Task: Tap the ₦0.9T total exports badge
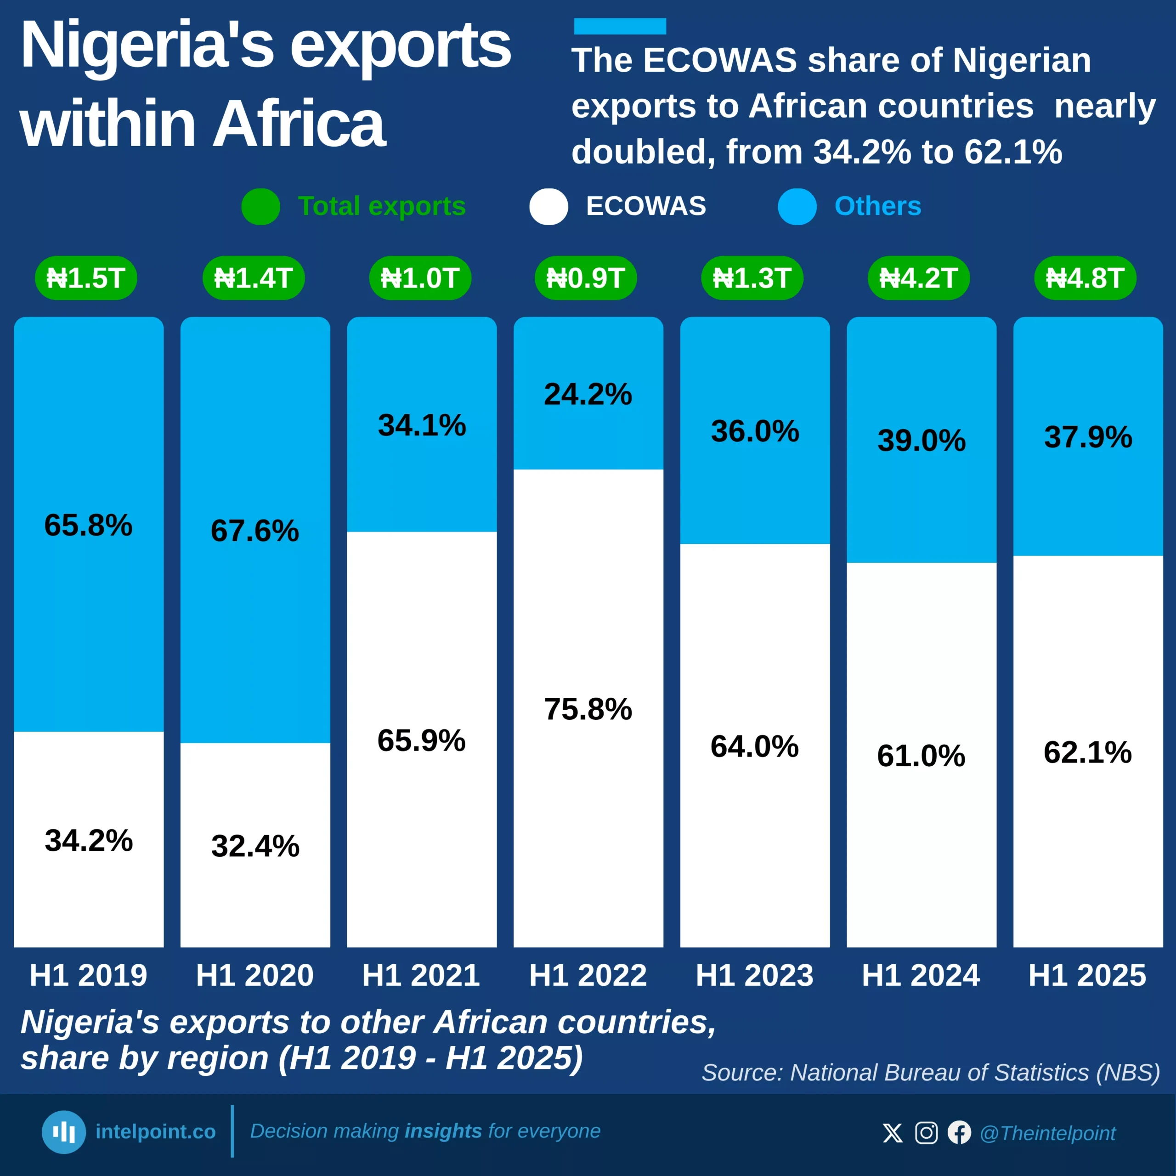(x=586, y=278)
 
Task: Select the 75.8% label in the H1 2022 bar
(x=588, y=709)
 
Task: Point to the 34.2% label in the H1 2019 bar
(x=89, y=841)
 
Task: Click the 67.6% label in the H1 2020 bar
(x=255, y=531)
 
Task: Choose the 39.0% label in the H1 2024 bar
(x=922, y=440)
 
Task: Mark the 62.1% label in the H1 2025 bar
(x=1088, y=752)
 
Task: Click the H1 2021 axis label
(x=421, y=975)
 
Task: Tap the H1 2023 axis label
(x=755, y=975)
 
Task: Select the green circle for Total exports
(x=260, y=206)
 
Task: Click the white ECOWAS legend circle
(x=548, y=206)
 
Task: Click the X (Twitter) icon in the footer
(x=893, y=1133)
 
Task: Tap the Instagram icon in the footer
(x=926, y=1133)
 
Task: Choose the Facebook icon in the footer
(x=959, y=1133)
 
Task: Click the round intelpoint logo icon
(x=64, y=1132)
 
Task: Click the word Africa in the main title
(x=300, y=124)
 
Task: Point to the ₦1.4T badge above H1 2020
(x=253, y=278)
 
